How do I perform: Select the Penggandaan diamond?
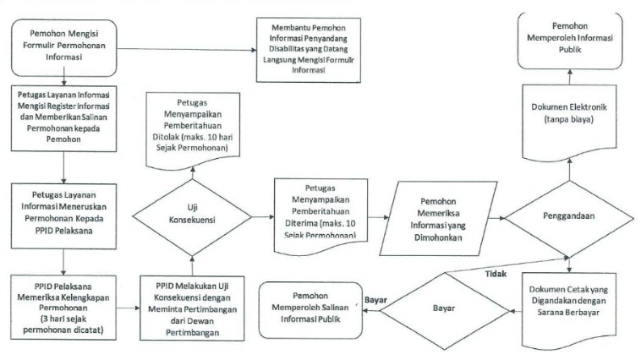point(567,215)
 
